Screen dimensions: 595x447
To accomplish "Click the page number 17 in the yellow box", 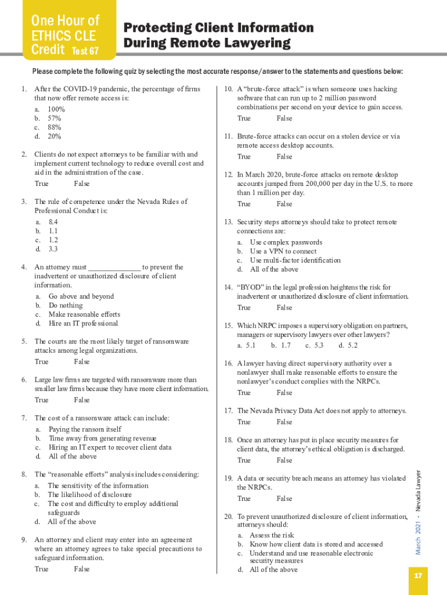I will click(x=418, y=576).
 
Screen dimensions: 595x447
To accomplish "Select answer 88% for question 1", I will click(x=55, y=127).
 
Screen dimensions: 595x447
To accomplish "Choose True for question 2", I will click(x=42, y=184).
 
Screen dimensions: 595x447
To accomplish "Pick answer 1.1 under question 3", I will click(x=53, y=231).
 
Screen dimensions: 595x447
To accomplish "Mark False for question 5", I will click(x=82, y=362).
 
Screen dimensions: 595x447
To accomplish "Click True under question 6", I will click(x=42, y=400).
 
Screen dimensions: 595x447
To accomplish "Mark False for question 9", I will click(x=82, y=569).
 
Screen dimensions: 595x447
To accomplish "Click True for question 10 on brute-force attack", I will click(x=244, y=119).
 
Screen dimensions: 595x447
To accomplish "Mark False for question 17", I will click(x=284, y=422).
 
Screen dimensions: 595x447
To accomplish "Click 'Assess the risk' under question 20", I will click(x=272, y=535).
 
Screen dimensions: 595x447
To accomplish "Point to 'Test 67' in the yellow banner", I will click(x=85, y=51).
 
